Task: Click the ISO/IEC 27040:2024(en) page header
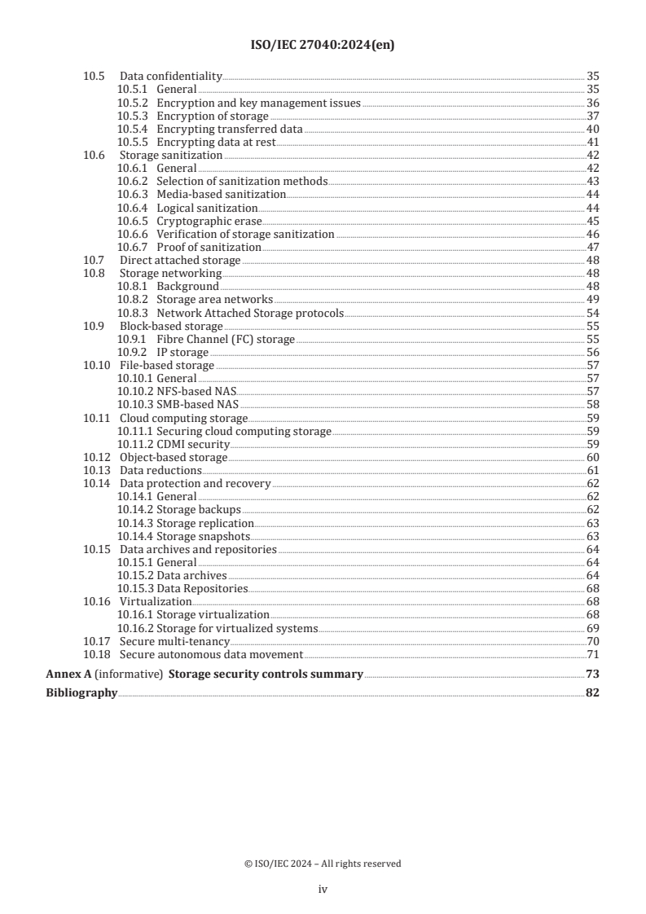click(x=323, y=46)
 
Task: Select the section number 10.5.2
click(x=134, y=103)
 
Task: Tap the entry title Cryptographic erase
click(x=209, y=221)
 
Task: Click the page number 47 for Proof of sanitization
click(x=593, y=247)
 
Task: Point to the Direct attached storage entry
click(x=180, y=260)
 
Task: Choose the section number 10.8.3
click(x=134, y=312)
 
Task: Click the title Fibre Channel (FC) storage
click(x=226, y=338)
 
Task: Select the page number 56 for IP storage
click(x=593, y=352)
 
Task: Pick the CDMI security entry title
click(x=193, y=444)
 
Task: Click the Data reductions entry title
click(x=160, y=470)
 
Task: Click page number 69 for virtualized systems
click(x=593, y=628)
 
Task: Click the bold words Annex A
click(x=62, y=674)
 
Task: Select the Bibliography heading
click(x=81, y=693)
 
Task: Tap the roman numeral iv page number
click(x=323, y=890)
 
